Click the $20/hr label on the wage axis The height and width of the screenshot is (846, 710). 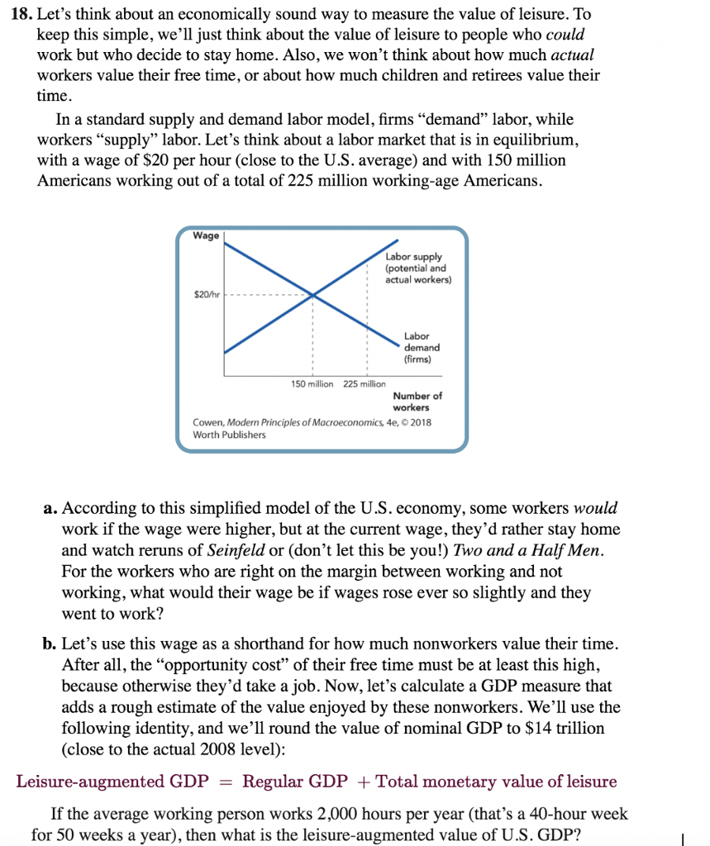click(x=206, y=294)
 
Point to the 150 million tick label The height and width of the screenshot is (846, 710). click(x=312, y=384)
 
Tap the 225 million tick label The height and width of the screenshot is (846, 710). click(x=364, y=384)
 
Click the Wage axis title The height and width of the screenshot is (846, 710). click(x=206, y=236)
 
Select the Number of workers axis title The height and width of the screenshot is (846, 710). click(x=417, y=402)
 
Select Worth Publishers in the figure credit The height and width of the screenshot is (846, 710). click(x=229, y=435)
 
